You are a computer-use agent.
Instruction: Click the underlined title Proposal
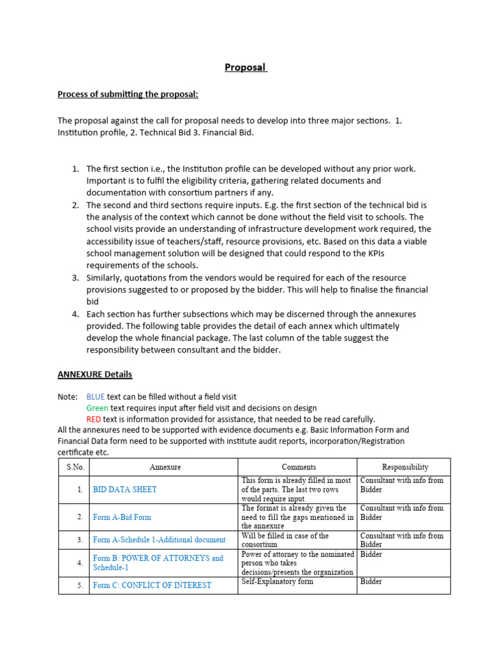[245, 67]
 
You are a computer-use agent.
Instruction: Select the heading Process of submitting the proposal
[128, 95]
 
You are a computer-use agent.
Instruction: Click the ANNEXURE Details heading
[94, 374]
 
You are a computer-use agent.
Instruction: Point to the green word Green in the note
[98, 408]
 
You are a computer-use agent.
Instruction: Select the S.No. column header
[75, 467]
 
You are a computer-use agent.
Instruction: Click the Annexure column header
[165, 467]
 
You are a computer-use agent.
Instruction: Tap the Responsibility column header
[405, 467]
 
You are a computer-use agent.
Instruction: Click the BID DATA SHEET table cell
[124, 489]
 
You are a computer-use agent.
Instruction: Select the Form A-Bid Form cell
[122, 517]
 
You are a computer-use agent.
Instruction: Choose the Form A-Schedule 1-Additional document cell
[159, 540]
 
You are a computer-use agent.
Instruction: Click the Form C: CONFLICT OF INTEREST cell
[152, 585]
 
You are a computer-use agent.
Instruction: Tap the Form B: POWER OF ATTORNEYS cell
[158, 563]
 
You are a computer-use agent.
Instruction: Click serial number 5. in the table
[80, 585]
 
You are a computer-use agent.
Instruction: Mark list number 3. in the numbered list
[75, 278]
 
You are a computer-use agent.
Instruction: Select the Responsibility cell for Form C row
[371, 582]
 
